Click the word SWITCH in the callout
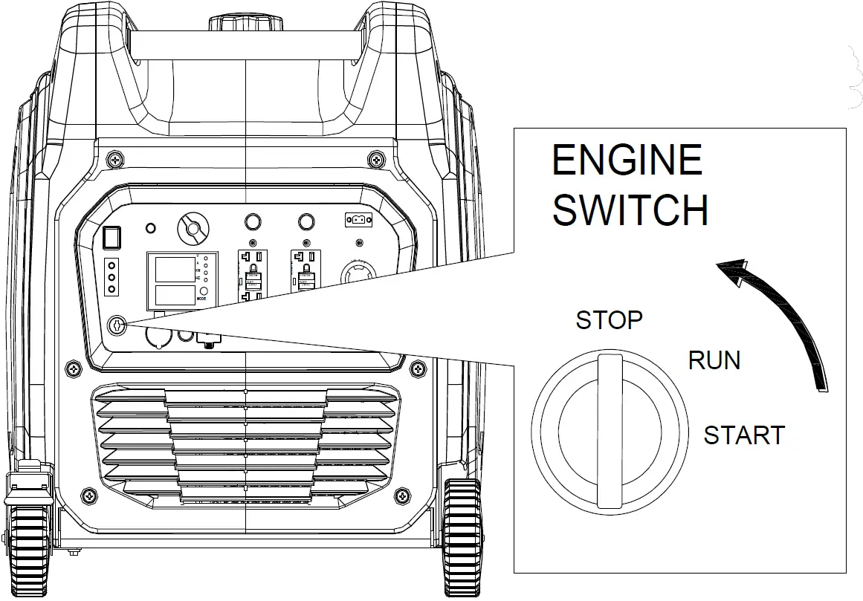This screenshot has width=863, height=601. [x=630, y=210]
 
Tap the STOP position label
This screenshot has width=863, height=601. [x=609, y=320]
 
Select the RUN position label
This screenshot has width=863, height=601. [x=714, y=360]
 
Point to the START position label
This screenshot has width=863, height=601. [x=744, y=435]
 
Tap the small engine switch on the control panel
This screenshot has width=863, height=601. [x=117, y=325]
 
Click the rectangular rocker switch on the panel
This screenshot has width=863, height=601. [x=111, y=237]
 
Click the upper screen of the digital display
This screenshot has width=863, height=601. [x=174, y=269]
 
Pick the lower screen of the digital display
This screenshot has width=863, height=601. [x=174, y=295]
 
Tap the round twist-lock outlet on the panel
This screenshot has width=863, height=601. [x=361, y=276]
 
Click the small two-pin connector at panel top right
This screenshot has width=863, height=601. [x=358, y=220]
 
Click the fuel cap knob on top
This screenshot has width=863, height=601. [x=245, y=22]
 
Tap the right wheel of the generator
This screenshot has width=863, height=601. [x=462, y=539]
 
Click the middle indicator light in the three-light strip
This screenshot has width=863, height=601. [x=111, y=277]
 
